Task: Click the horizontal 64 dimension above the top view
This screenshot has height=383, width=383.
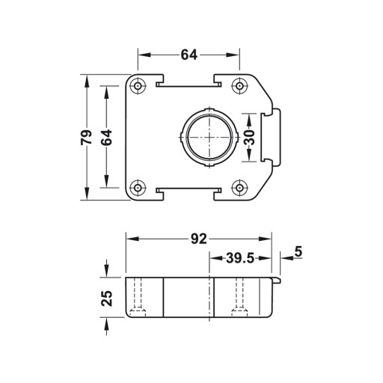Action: pos(189,55)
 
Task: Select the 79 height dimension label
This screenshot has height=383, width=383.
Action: pos(86,138)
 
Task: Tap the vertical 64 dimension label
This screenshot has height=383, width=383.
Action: pos(106,138)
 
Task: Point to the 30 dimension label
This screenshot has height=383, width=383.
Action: pos(249,138)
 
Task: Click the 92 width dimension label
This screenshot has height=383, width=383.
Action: pos(199,239)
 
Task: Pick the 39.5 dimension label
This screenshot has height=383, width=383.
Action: pos(240,258)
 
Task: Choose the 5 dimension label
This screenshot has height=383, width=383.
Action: pos(298,251)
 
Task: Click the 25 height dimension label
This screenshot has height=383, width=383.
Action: pos(107,298)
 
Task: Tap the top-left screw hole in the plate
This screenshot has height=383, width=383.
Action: pos(138,86)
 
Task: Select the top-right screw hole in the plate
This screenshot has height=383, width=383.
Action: pos(239,86)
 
